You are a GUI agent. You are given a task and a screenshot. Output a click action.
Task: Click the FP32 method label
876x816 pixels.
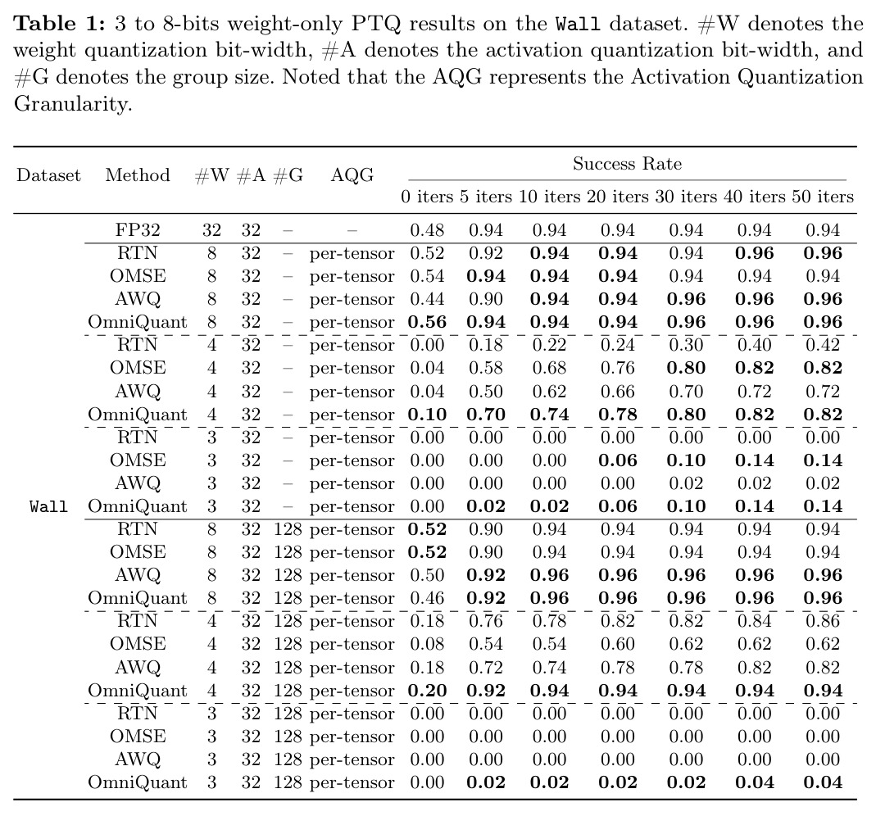[x=138, y=230]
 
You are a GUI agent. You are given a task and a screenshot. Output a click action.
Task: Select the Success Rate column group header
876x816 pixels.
[x=627, y=164]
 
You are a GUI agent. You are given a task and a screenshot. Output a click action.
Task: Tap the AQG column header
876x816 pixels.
[x=352, y=175]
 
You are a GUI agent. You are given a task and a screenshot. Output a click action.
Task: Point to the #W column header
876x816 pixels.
[x=211, y=175]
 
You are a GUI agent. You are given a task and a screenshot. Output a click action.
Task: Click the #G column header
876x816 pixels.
[x=288, y=175]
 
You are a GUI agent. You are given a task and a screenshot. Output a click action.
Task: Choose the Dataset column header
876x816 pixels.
[x=48, y=175]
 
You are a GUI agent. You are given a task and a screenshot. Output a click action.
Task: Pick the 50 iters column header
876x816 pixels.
[x=823, y=197]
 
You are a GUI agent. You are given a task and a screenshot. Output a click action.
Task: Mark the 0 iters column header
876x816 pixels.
[x=427, y=197]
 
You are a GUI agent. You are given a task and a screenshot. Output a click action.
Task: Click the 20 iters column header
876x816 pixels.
[x=617, y=197]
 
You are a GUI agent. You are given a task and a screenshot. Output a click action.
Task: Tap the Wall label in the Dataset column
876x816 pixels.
[x=48, y=506]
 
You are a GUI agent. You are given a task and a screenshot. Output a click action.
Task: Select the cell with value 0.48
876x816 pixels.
[x=427, y=230]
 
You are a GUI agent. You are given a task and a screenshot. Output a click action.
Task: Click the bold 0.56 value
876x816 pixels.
[x=427, y=322]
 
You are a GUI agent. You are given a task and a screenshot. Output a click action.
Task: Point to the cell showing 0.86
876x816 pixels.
[x=823, y=621]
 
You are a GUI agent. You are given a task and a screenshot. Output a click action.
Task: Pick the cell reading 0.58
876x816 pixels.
[x=485, y=368]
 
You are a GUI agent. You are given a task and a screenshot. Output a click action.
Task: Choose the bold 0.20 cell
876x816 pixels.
[x=427, y=691]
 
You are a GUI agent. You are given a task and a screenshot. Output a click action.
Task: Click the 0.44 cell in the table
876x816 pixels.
[x=427, y=299]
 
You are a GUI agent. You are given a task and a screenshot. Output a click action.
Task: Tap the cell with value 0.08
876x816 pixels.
[x=427, y=644]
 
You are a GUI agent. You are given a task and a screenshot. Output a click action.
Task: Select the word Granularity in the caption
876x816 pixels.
[x=73, y=104]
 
